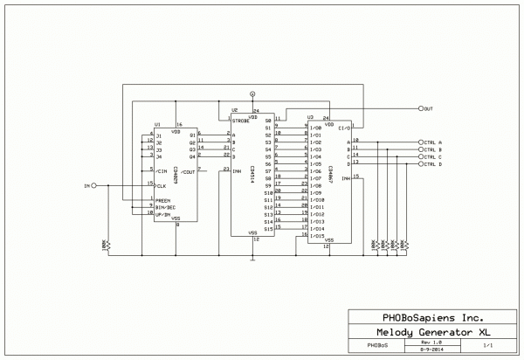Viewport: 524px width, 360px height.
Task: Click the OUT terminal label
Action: (x=428, y=109)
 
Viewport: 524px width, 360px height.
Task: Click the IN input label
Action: (x=86, y=186)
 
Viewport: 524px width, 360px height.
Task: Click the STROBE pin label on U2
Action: (x=240, y=121)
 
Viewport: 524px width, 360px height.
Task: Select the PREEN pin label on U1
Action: (x=162, y=200)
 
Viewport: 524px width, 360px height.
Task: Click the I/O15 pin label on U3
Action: (x=319, y=236)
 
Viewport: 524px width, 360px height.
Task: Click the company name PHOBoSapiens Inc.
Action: (x=428, y=317)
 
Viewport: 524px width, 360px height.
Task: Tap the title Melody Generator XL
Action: (x=428, y=332)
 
